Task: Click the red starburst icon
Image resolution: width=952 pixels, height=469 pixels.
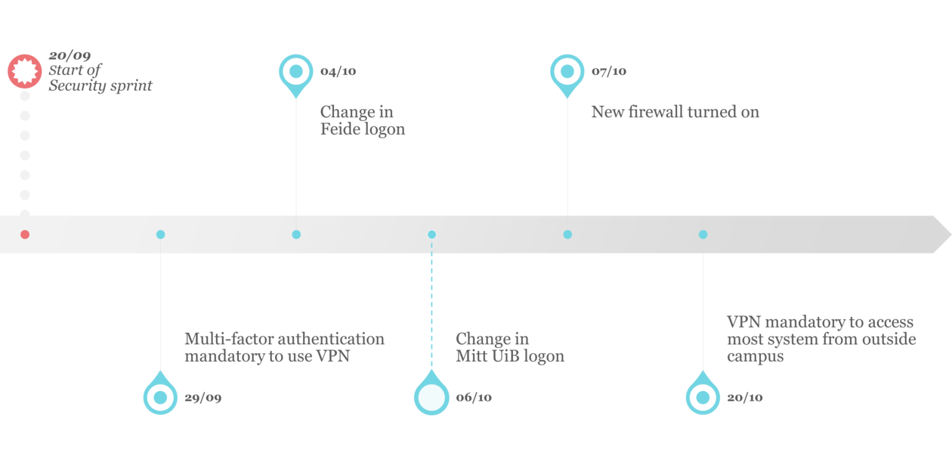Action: pyautogui.click(x=25, y=71)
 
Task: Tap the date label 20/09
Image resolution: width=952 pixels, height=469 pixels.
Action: pyautogui.click(x=70, y=56)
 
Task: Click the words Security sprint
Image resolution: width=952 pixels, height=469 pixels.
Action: pyautogui.click(x=100, y=86)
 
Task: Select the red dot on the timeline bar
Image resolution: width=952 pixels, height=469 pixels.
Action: pyautogui.click(x=25, y=234)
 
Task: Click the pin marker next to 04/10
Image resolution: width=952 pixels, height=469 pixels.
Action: pyautogui.click(x=296, y=72)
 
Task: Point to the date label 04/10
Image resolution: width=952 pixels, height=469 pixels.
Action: pyautogui.click(x=338, y=72)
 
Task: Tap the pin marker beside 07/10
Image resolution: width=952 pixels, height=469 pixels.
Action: pyautogui.click(x=567, y=72)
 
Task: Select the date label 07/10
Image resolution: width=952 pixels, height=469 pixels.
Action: pyautogui.click(x=609, y=72)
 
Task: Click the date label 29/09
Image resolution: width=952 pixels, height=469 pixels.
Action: pyautogui.click(x=203, y=398)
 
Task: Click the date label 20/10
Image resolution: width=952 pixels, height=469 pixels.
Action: pyautogui.click(x=744, y=398)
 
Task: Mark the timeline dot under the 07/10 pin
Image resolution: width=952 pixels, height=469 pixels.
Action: pyautogui.click(x=567, y=234)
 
